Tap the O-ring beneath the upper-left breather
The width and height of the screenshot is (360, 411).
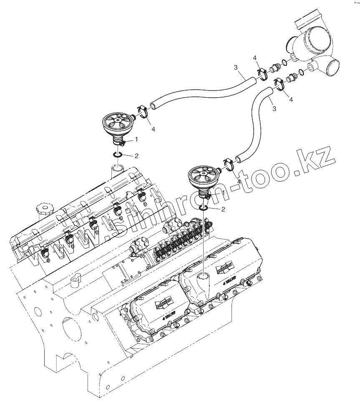[117, 155]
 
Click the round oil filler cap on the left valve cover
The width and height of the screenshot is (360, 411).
[43, 208]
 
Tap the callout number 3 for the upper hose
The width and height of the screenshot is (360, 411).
[236, 67]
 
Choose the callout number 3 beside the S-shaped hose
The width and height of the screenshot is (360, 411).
[274, 108]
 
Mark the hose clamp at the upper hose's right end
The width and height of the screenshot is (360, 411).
[263, 74]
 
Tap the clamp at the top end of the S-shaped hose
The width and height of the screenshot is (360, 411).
[279, 85]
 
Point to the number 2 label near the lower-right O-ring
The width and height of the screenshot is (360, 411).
[223, 209]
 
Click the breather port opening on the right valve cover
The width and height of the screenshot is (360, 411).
[204, 276]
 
